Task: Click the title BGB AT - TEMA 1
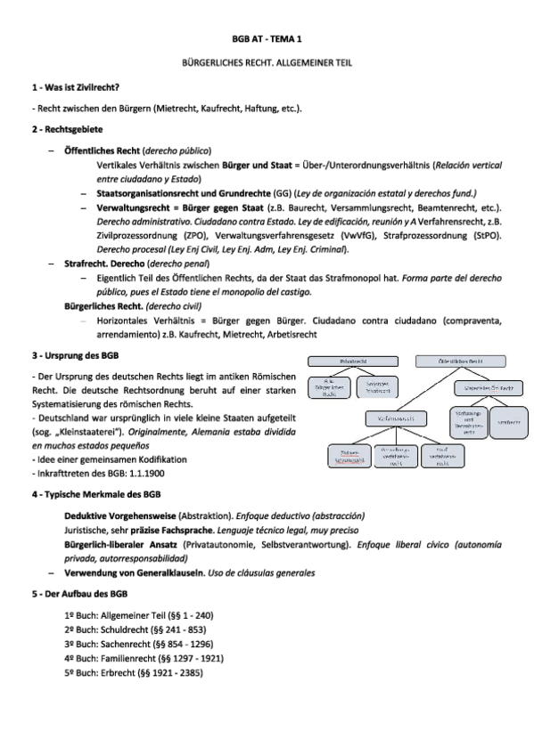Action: point(267,40)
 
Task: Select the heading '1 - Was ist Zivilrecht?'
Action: point(76,87)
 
